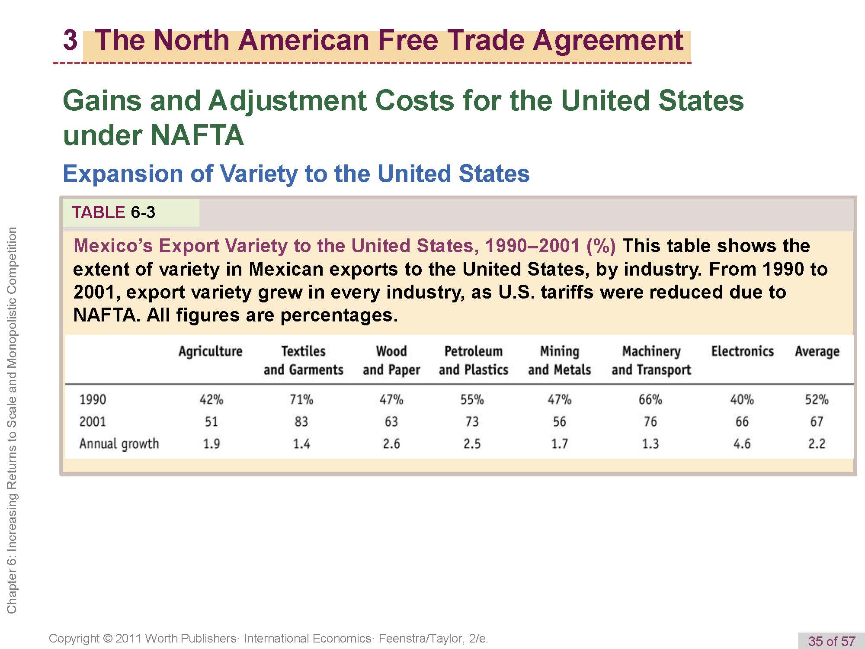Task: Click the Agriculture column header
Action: point(211,351)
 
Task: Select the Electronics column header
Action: point(742,351)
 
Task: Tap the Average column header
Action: point(817,351)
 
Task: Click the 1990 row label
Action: point(93,399)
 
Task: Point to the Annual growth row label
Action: point(119,444)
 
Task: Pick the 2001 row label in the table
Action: point(93,421)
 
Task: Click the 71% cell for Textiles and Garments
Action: point(301,399)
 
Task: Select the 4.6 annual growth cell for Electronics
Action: point(742,444)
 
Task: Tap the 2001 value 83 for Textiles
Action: point(301,421)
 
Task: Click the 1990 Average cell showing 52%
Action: point(817,399)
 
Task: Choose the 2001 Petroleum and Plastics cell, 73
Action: point(472,421)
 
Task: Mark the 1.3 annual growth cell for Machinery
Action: point(650,444)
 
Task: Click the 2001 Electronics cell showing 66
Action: point(742,421)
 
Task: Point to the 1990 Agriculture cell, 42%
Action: point(211,399)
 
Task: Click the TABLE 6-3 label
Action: point(113,212)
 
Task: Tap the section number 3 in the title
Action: point(70,40)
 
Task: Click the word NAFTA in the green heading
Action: point(197,135)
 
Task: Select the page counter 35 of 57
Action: point(831,641)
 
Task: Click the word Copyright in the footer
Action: point(74,639)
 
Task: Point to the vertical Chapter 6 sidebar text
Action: point(12,420)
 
